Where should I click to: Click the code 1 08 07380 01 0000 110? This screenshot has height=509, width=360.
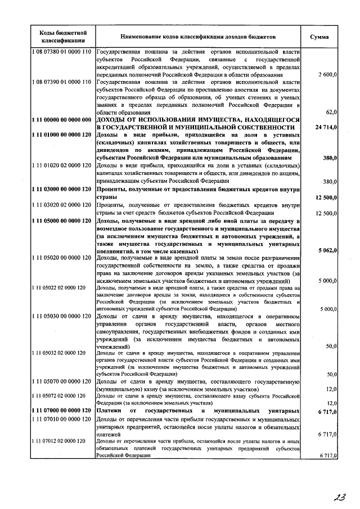pyautogui.click(x=61, y=52)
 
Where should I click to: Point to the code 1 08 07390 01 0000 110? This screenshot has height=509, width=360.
pyautogui.click(x=61, y=82)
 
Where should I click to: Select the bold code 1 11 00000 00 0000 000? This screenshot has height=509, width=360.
pyautogui.click(x=61, y=120)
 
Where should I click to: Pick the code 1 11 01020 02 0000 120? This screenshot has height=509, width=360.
pyautogui.click(x=61, y=166)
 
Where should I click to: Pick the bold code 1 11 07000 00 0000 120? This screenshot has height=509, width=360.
pyautogui.click(x=61, y=411)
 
